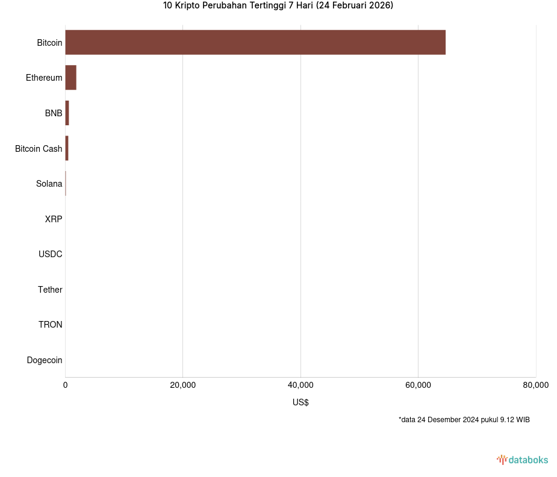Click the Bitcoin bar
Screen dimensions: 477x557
pyautogui.click(x=255, y=42)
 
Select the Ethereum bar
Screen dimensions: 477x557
pyautogui.click(x=70, y=78)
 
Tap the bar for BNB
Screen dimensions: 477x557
pyautogui.click(x=67, y=113)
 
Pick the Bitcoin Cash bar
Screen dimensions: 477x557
pyautogui.click(x=67, y=148)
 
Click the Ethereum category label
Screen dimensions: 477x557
pyautogui.click(x=44, y=78)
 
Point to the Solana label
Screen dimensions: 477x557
pyautogui.click(x=49, y=184)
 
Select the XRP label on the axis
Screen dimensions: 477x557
pyautogui.click(x=53, y=219)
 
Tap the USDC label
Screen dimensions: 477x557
pyautogui.click(x=50, y=254)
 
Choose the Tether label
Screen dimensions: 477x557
pyautogui.click(x=50, y=290)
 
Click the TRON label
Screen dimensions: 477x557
pyautogui.click(x=50, y=325)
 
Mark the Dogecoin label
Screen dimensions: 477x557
pyautogui.click(x=45, y=360)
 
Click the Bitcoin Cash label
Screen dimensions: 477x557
pyautogui.click(x=39, y=148)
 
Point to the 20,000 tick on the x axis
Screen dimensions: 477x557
pyautogui.click(x=183, y=385)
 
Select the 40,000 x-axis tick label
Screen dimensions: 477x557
pyautogui.click(x=300, y=385)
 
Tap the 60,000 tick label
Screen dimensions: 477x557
pyautogui.click(x=418, y=385)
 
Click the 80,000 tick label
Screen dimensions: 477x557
pyautogui.click(x=535, y=385)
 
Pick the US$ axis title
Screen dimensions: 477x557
pyautogui.click(x=300, y=402)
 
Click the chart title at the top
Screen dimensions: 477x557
pyautogui.click(x=278, y=6)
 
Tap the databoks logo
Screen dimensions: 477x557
pyautogui.click(x=523, y=460)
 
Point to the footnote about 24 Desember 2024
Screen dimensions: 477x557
pyautogui.click(x=464, y=420)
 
